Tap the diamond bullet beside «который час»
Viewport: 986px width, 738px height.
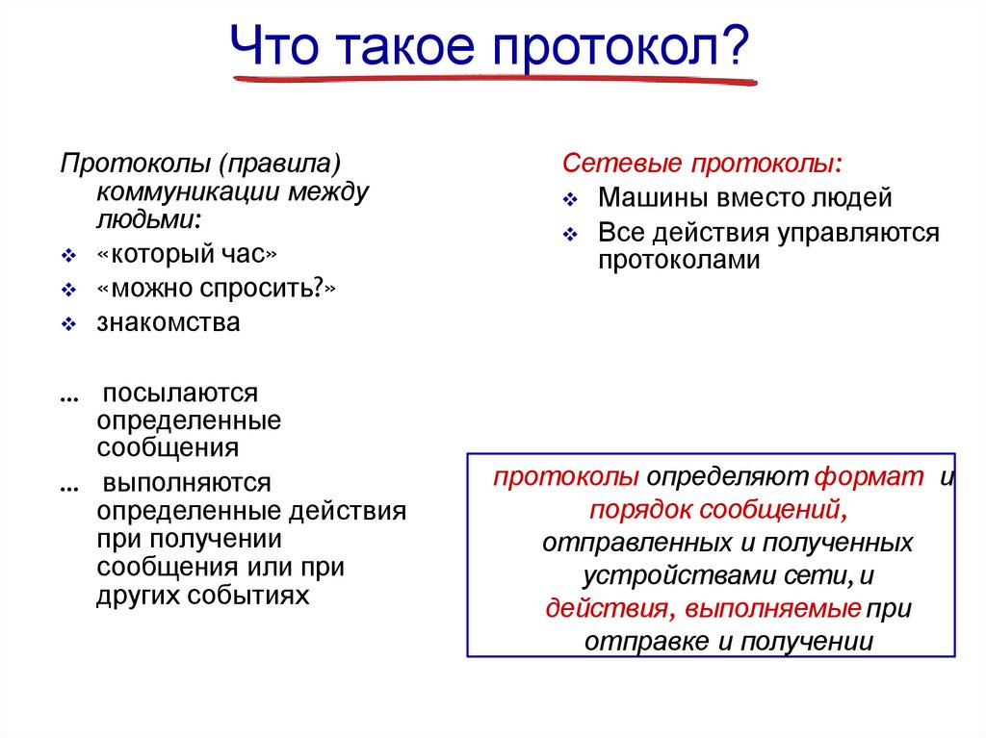click(68, 257)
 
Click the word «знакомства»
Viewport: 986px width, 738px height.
click(169, 322)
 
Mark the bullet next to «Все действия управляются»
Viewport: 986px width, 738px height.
click(570, 235)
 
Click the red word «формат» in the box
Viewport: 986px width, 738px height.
click(870, 477)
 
